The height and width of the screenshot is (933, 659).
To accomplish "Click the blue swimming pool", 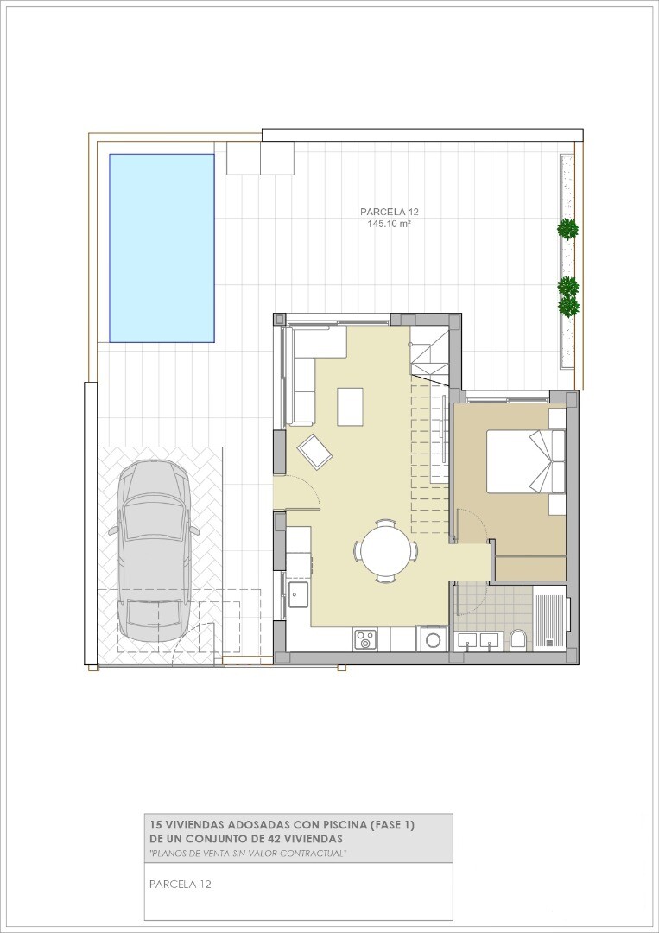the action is [162, 248].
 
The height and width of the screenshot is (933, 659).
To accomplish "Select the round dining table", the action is [386, 550].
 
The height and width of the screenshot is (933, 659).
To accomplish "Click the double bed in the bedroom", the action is [525, 461].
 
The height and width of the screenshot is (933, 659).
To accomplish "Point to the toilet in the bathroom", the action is [518, 640].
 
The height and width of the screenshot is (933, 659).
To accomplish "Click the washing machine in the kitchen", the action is [433, 638].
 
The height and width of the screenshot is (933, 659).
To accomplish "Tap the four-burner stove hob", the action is [364, 640].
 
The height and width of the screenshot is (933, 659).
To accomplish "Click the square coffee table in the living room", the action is [350, 406].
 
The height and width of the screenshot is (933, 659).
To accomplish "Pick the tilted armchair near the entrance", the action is [314, 452].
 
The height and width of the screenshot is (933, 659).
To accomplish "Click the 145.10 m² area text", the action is [390, 225].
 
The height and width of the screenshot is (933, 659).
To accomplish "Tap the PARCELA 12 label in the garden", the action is [390, 212].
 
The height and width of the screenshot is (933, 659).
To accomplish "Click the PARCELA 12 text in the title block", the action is [181, 885].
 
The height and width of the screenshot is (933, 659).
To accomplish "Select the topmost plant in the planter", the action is [568, 228].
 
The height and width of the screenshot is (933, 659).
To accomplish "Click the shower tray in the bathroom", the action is [549, 616].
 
